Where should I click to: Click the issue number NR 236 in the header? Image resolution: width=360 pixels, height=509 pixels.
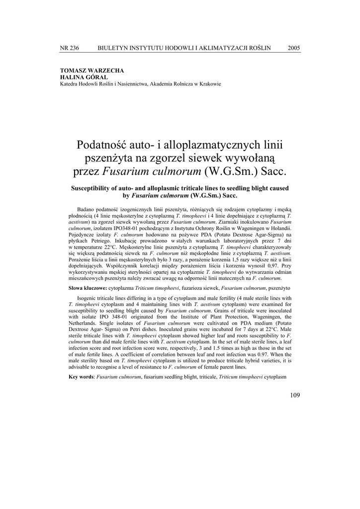click(69, 48)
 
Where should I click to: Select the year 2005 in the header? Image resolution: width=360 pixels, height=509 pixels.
click(294, 48)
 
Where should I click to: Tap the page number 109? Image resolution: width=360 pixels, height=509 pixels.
click(294, 395)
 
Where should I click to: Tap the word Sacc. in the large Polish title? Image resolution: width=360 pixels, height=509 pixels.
click(272, 172)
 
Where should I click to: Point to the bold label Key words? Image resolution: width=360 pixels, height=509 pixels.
click(81, 377)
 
